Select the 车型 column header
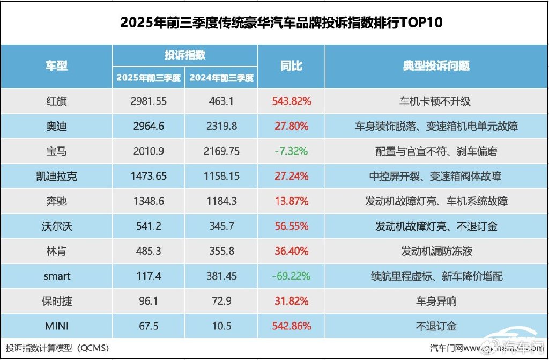tap(56, 66)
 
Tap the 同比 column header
tap(291, 66)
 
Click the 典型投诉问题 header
tap(436, 66)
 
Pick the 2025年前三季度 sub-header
tap(149, 78)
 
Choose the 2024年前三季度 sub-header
tap(221, 78)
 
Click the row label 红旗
tap(56, 100)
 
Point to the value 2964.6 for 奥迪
tap(148, 126)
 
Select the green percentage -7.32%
tap(292, 151)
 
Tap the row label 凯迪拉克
tap(56, 177)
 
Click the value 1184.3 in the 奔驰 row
tap(221, 201)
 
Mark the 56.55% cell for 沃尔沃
tap(292, 226)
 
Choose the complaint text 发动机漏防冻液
tap(436, 251)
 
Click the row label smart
tap(56, 276)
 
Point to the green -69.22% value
tap(292, 276)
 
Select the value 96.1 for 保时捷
tap(148, 301)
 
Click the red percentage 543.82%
tap(292, 100)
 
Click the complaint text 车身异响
tap(436, 301)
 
